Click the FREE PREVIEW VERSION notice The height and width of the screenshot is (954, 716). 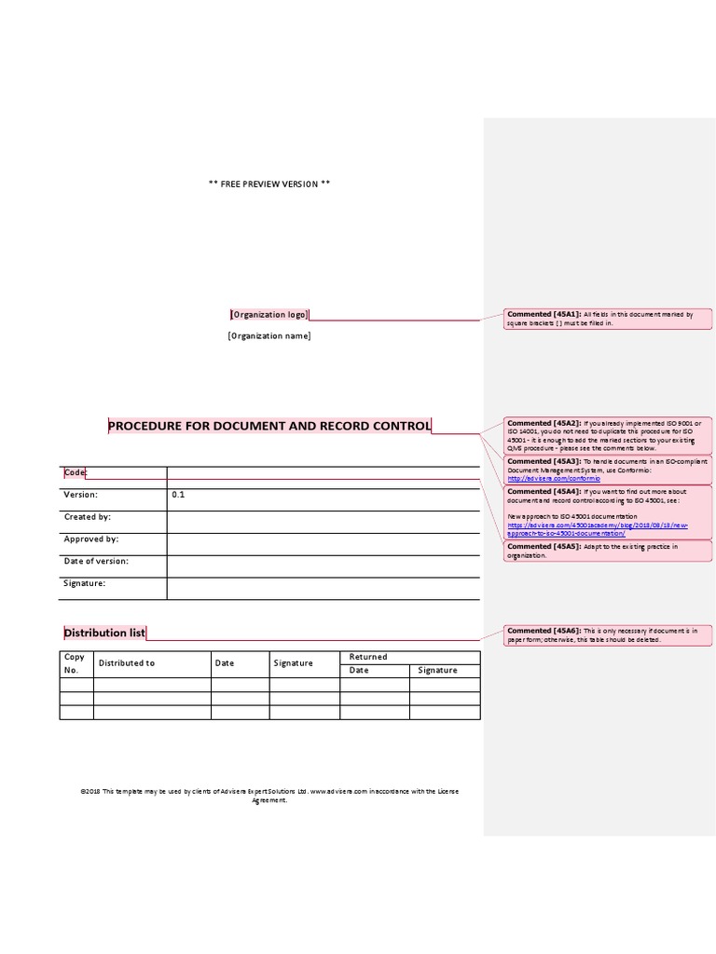coord(268,184)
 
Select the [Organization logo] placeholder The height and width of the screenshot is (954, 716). coord(268,315)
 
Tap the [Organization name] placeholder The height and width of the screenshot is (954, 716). coord(268,336)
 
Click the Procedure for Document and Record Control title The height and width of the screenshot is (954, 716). coord(269,426)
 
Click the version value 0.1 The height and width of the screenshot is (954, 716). coord(178,495)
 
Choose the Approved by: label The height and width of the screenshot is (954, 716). coord(90,539)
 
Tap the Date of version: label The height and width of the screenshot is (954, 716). coord(95,562)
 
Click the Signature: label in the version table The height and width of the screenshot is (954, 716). coord(84,583)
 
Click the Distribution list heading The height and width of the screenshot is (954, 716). coord(103,633)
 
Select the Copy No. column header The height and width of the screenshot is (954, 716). coord(75,663)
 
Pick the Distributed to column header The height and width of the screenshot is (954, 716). coord(127,663)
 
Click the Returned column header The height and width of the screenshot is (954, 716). coord(367,657)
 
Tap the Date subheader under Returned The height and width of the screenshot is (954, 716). coord(359,671)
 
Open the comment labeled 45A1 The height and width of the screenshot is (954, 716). coord(599,320)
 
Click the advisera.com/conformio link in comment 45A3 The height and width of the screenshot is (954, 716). coord(545,479)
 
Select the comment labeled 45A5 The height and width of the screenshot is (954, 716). coord(599,551)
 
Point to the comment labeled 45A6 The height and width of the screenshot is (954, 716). coord(599,635)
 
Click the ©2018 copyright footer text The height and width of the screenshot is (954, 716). coord(269,795)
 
